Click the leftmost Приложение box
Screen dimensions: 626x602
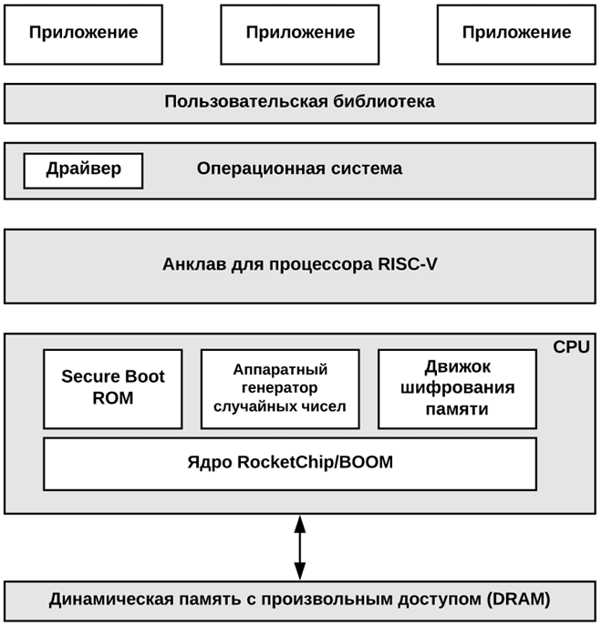[x=83, y=34]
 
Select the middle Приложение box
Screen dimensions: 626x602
[x=300, y=34]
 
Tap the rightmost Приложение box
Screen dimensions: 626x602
[x=516, y=34]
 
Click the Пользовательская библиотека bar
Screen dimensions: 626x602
[x=300, y=102]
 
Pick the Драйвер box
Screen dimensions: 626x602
[x=83, y=169]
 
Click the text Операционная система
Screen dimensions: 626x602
[x=299, y=169]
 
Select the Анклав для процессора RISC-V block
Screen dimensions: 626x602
[x=300, y=265]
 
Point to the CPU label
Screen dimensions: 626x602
[x=571, y=347]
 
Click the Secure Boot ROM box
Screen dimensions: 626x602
[x=113, y=388]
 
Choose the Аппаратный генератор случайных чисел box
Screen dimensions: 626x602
[x=280, y=388]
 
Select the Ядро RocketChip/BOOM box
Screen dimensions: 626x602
[x=290, y=463]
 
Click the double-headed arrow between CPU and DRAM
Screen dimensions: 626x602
[x=300, y=547]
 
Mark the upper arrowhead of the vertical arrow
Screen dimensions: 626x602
[x=300, y=523]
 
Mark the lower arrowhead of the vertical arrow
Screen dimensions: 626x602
[x=300, y=571]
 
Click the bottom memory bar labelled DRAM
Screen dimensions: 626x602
[x=300, y=600]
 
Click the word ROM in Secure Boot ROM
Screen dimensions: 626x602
[x=113, y=399]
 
